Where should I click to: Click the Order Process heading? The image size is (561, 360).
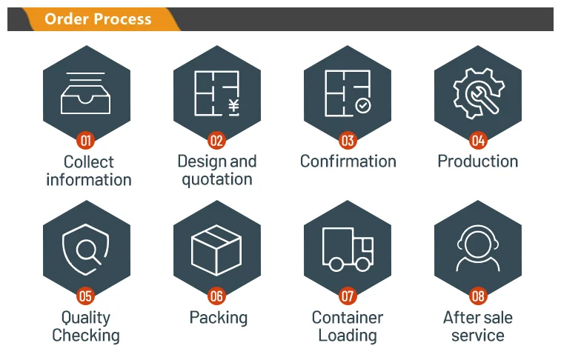click(x=97, y=19)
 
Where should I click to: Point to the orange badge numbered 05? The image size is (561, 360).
click(x=86, y=297)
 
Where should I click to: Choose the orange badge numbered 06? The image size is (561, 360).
click(x=216, y=297)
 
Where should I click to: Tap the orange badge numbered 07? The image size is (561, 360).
click(x=348, y=297)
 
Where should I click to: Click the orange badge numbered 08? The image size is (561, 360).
click(x=478, y=297)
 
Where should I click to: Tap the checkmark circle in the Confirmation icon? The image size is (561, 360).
click(x=363, y=106)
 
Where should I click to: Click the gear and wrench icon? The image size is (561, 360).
click(x=478, y=93)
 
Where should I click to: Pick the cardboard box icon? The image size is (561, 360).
click(x=216, y=249)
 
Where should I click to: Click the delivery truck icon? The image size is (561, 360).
click(x=348, y=249)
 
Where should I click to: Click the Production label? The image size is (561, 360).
click(x=478, y=161)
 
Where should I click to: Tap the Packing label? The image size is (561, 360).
click(x=218, y=318)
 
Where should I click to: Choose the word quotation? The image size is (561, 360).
click(x=216, y=179)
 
